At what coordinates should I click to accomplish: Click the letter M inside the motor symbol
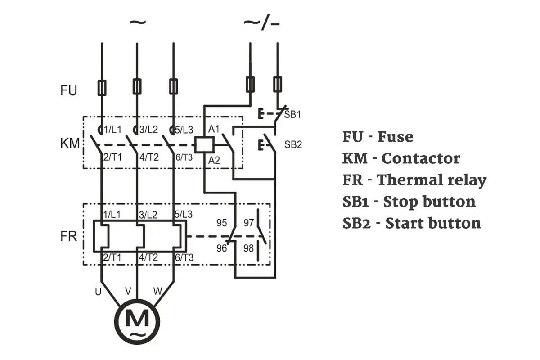(137, 318)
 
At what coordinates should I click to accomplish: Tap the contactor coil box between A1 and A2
(204, 145)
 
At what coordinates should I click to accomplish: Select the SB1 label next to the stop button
(292, 114)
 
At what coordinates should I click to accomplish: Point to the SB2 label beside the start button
(293, 144)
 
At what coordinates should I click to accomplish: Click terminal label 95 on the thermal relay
(221, 223)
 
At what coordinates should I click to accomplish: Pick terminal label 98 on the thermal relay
(248, 248)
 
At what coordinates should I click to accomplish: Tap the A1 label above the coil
(214, 129)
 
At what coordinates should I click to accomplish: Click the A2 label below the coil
(214, 160)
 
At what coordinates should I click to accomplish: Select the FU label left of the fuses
(68, 90)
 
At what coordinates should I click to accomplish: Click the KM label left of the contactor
(70, 143)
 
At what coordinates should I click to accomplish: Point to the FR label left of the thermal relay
(68, 236)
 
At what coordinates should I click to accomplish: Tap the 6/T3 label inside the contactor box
(184, 157)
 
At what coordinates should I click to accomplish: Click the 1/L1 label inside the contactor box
(112, 130)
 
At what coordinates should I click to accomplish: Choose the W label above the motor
(157, 291)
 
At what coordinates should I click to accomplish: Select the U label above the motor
(98, 292)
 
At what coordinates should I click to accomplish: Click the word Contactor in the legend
(421, 159)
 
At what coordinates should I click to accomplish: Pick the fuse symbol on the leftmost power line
(102, 87)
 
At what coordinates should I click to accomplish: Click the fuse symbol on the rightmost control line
(278, 84)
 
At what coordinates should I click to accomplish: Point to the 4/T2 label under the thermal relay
(148, 257)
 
